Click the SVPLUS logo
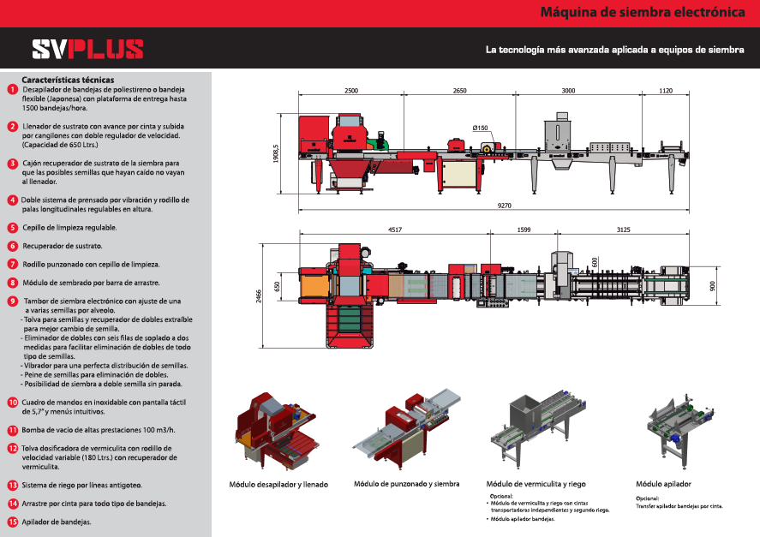tap(87, 50)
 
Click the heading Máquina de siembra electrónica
tap(642, 13)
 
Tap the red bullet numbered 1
tap(12, 89)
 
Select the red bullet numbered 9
tap(12, 301)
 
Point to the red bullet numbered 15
tap(12, 522)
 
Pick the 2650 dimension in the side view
tap(459, 90)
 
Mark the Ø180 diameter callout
tap(480, 128)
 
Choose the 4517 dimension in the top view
tap(394, 230)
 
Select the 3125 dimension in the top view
tap(629, 230)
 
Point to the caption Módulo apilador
tap(664, 483)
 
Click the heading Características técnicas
tap(68, 80)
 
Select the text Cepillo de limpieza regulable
tap(69, 228)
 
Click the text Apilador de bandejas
tap(57, 522)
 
